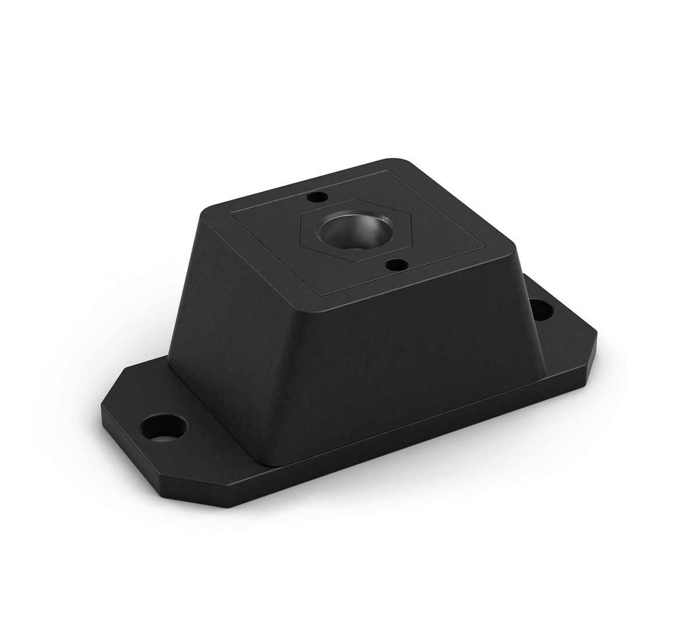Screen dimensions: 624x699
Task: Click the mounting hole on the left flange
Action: (x=164, y=424)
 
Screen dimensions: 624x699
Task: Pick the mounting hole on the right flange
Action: (x=542, y=309)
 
